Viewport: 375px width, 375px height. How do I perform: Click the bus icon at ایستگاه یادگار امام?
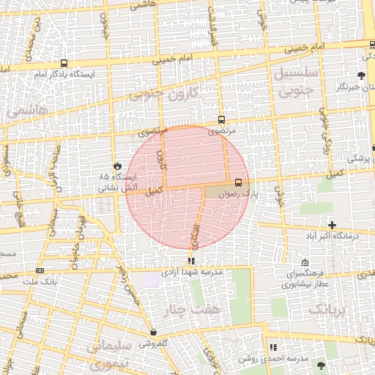click(64, 64)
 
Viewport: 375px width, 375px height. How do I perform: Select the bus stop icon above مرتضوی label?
click(221, 120)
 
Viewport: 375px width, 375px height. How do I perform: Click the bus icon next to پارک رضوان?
click(239, 182)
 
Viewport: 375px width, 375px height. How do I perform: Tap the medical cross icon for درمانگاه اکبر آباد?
click(333, 225)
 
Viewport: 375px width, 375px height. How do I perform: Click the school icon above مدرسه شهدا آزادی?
click(191, 261)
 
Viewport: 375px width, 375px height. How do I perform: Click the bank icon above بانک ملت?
click(39, 270)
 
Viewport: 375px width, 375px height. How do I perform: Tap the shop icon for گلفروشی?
click(153, 333)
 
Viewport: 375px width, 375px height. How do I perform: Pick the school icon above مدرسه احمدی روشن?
click(272, 347)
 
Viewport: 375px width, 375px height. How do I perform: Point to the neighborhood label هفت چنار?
click(195, 310)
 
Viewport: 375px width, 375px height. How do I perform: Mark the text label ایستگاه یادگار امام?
click(63, 75)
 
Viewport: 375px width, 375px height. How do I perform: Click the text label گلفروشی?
click(155, 343)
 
